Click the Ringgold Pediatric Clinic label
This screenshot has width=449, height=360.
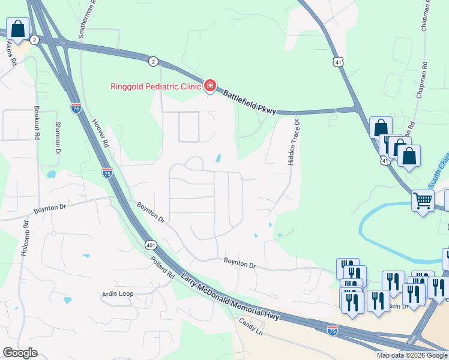point(155,86)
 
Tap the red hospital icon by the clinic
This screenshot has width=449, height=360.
point(210,86)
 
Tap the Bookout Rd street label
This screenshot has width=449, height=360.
point(37,123)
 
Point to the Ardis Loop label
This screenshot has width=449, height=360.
point(118,294)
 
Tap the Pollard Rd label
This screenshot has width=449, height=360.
point(162,266)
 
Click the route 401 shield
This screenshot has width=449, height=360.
point(151,245)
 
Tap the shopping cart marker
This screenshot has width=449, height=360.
point(423,200)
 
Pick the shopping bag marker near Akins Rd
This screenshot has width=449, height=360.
point(18,29)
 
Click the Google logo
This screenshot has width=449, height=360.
point(20,353)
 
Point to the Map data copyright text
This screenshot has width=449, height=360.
point(412,355)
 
